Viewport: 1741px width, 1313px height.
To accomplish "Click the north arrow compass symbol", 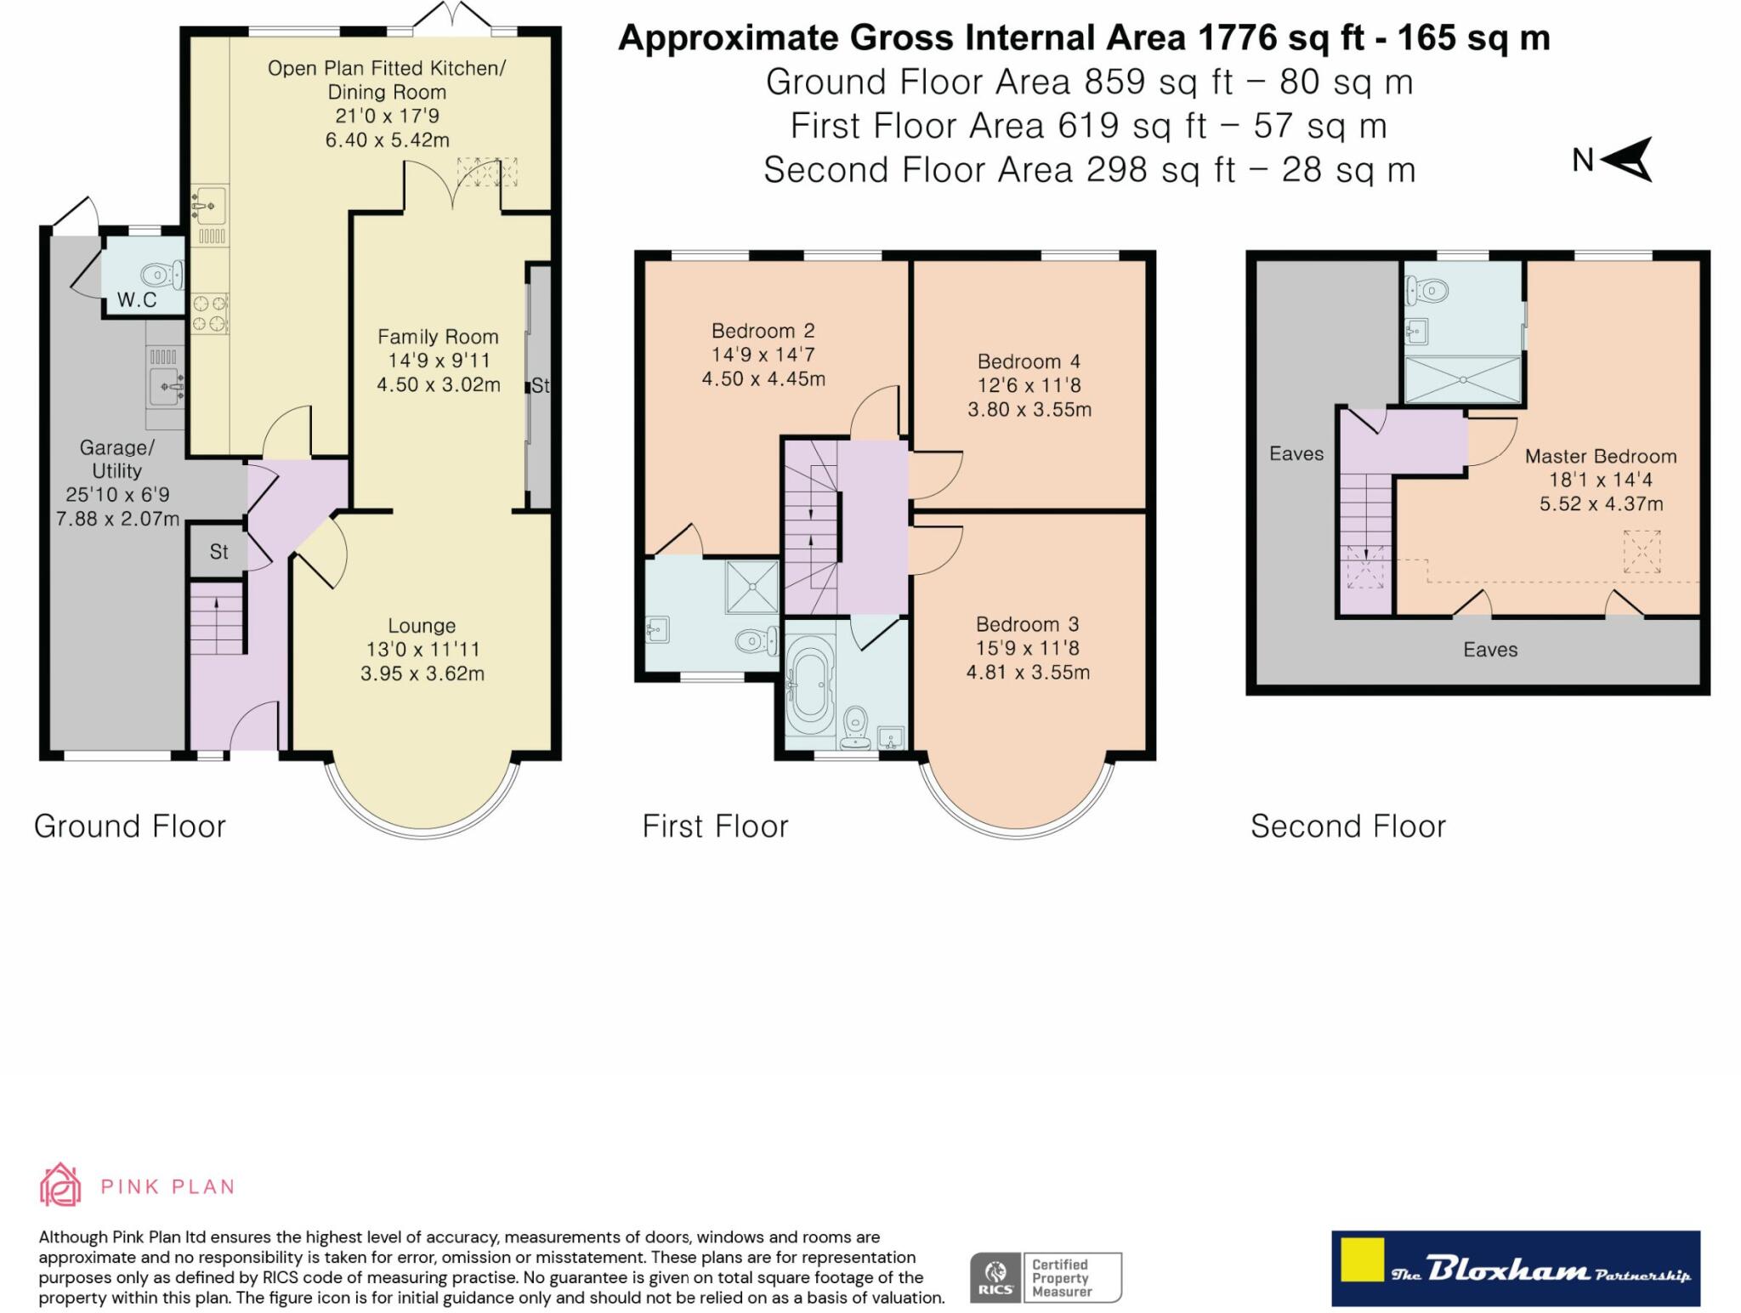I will [1627, 159].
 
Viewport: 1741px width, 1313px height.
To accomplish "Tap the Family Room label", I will [438, 337].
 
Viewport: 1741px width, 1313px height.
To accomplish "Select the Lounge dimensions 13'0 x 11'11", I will [422, 650].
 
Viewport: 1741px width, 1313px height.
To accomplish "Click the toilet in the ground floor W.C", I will [157, 275].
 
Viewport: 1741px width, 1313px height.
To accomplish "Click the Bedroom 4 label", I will [1029, 361].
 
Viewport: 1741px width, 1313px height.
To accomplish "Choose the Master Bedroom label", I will [1600, 457].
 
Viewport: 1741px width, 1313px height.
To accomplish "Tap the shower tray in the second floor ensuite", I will [1462, 379].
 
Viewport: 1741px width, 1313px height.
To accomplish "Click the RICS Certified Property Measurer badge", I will [1046, 1277].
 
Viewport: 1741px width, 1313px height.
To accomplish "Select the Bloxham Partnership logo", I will [1515, 1268].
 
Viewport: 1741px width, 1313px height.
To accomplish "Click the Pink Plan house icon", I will [60, 1185].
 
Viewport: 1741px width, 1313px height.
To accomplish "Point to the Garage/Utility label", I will [116, 459].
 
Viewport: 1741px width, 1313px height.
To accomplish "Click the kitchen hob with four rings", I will [209, 312].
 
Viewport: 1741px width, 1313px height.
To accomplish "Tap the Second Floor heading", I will [1347, 827].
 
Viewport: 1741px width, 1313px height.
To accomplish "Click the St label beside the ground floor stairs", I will [218, 552].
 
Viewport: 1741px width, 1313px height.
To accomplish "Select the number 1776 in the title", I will [1237, 38].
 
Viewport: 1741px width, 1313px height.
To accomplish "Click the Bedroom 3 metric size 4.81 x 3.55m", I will [1028, 673].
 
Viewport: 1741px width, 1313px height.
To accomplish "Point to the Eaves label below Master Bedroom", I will [1490, 650].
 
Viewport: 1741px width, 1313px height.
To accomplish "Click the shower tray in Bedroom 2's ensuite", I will [751, 586].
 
